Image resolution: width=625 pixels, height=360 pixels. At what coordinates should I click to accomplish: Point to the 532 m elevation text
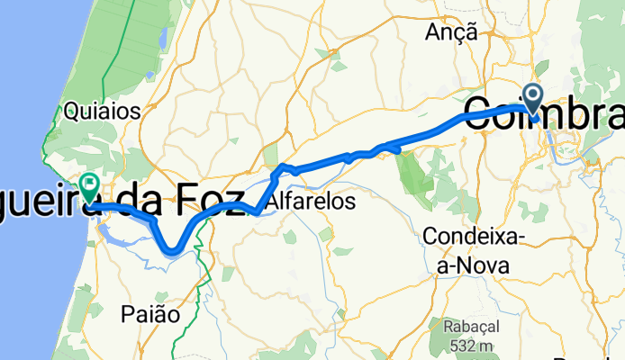tap(468, 346)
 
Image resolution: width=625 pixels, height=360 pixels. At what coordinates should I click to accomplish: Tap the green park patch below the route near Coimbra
tap(416, 175)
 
